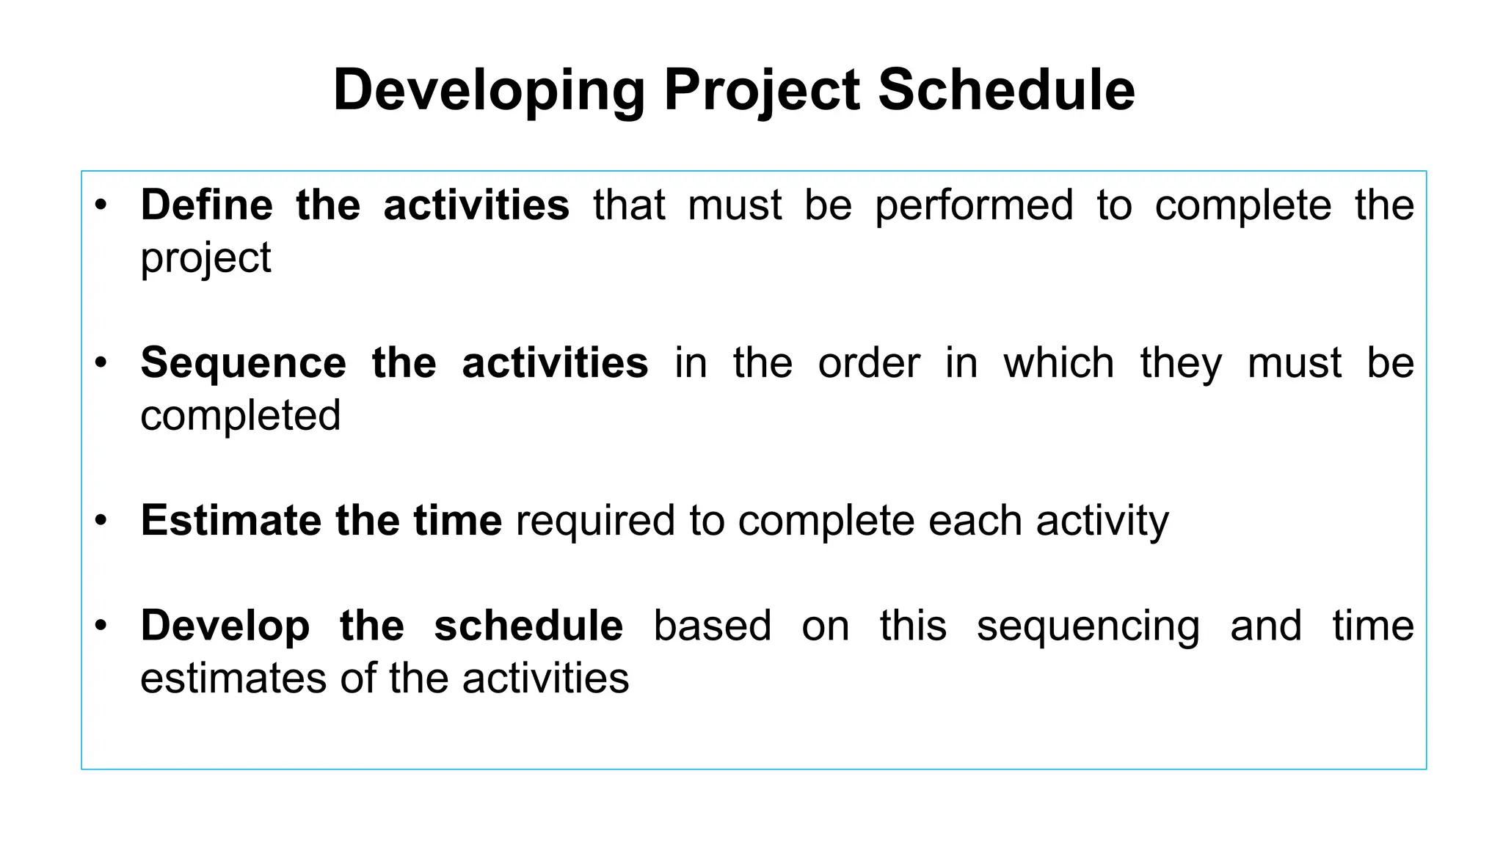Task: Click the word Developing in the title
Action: click(489, 90)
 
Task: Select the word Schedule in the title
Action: click(1006, 90)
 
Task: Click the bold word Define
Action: click(206, 205)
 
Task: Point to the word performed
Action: click(974, 206)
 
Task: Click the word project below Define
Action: click(205, 259)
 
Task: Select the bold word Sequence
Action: click(243, 364)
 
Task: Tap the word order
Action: click(869, 364)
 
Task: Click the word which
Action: click(1058, 363)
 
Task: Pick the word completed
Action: click(241, 416)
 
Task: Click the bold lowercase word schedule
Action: click(528, 626)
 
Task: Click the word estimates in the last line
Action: click(233, 678)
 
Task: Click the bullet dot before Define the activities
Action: click(101, 205)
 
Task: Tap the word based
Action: click(712, 626)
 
